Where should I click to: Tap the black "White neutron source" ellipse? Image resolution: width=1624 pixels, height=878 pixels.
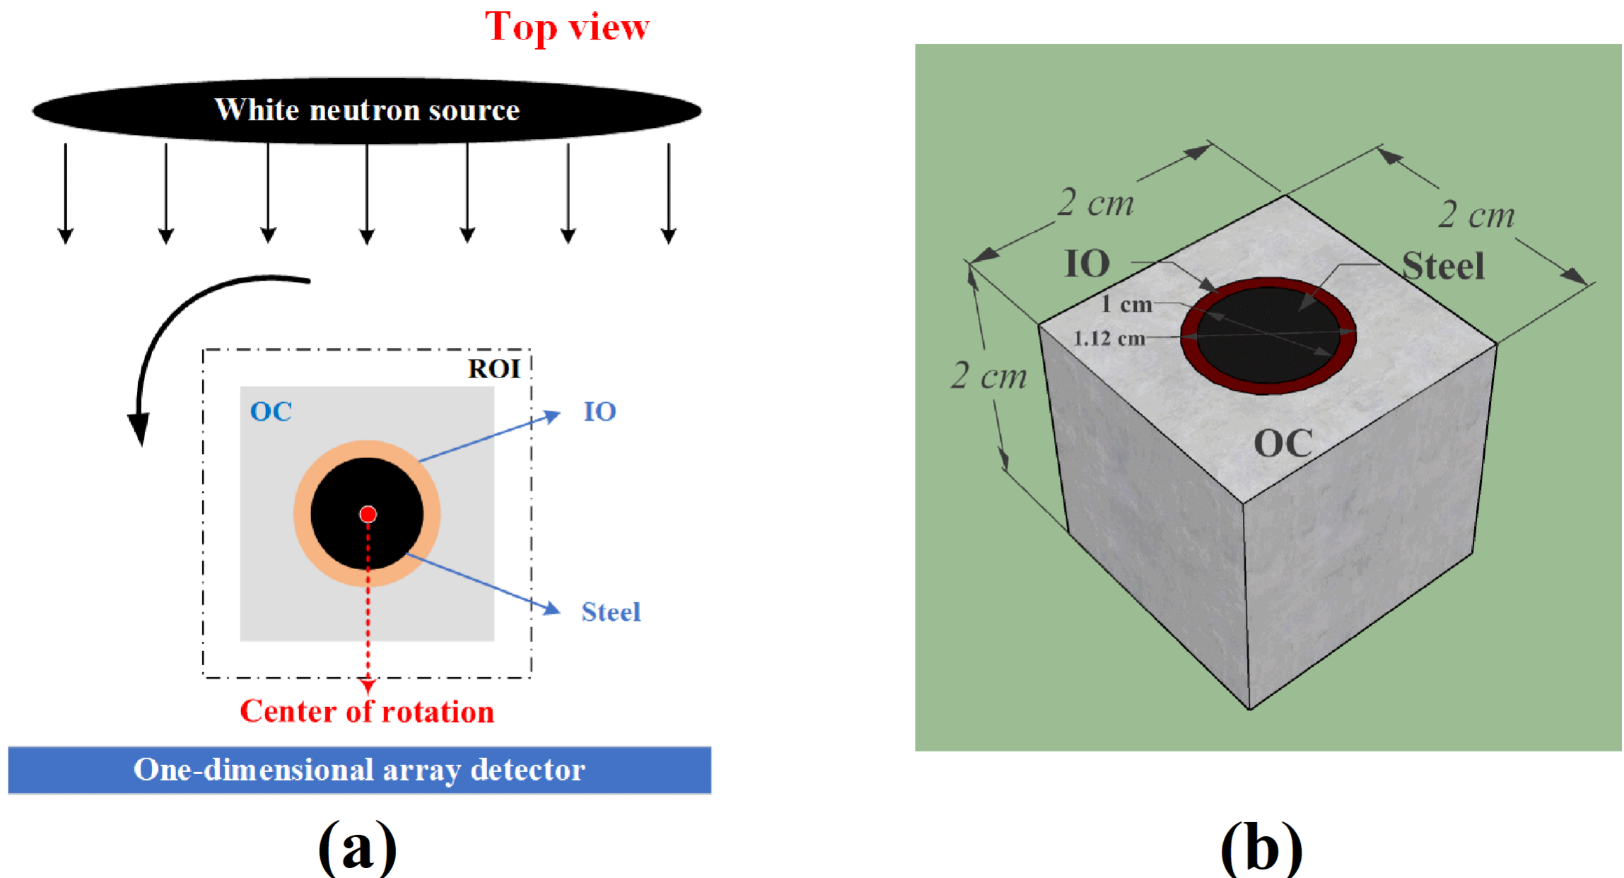click(x=366, y=110)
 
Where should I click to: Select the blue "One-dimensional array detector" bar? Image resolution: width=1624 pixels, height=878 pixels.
click(x=359, y=770)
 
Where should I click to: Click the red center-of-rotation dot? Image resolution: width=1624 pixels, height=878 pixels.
click(x=368, y=514)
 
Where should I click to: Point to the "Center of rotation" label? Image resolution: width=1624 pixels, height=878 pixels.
click(x=367, y=712)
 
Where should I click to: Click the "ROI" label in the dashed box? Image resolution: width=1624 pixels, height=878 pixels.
click(x=494, y=369)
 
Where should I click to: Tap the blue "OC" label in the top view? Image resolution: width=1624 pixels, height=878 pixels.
click(x=271, y=411)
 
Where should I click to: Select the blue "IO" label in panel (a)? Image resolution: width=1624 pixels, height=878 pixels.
click(x=600, y=411)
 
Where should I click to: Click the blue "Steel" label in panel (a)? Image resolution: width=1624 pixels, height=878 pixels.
click(x=611, y=612)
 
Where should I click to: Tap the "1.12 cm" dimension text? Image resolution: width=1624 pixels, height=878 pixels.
click(x=1109, y=339)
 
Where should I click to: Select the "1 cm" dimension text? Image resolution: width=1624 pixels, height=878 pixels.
click(x=1126, y=305)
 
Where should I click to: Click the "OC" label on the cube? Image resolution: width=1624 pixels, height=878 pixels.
click(x=1283, y=444)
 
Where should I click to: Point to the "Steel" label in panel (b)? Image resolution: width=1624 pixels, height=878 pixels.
click(x=1443, y=267)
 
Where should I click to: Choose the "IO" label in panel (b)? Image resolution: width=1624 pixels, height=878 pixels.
click(x=1087, y=264)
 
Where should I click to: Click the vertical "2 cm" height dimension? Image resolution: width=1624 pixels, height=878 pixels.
click(x=988, y=375)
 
